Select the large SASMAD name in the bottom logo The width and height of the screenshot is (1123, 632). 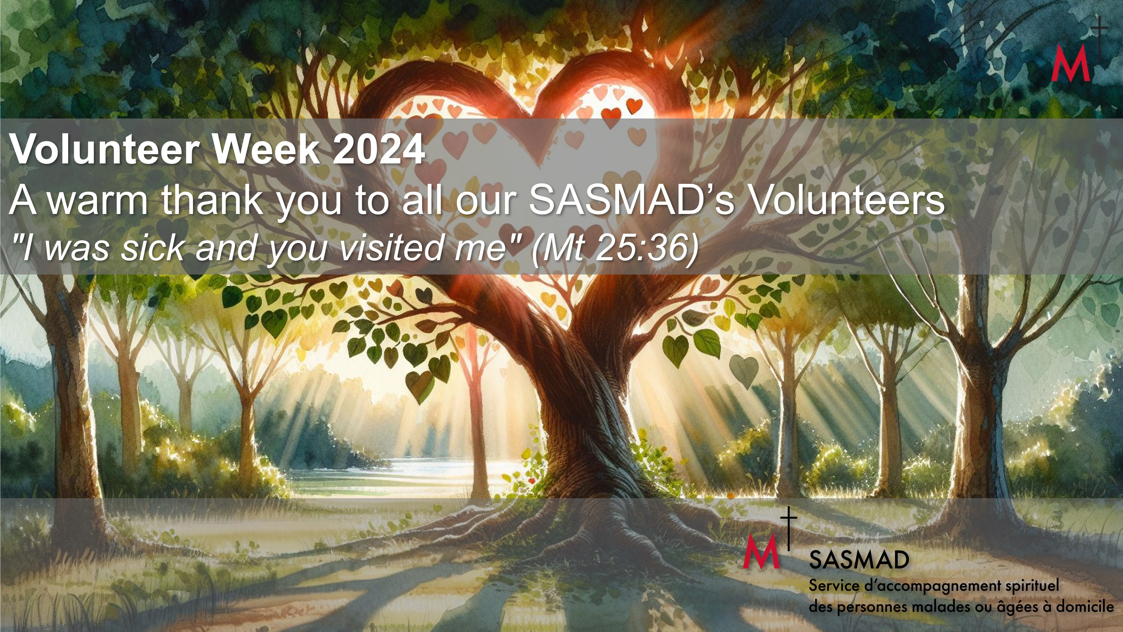(859, 560)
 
